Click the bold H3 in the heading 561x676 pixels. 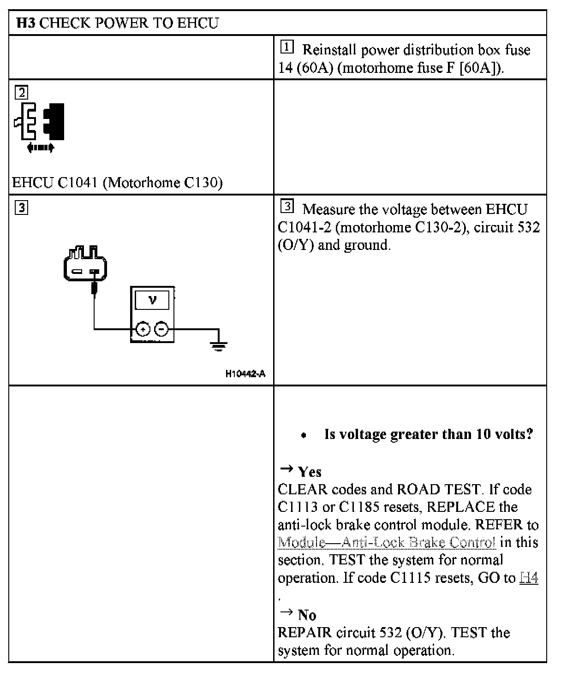[x=26, y=23]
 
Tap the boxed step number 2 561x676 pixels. [x=22, y=93]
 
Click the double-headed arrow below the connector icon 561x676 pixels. [x=41, y=148]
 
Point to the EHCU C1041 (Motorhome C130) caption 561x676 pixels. [x=117, y=183]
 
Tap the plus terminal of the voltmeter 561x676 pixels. [x=143, y=329]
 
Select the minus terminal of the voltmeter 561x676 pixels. [x=161, y=329]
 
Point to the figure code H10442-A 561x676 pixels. [x=245, y=374]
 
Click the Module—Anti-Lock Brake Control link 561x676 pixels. [x=387, y=542]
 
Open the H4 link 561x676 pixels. [x=529, y=578]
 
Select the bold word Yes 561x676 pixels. [x=310, y=472]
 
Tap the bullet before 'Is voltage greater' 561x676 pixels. [x=303, y=435]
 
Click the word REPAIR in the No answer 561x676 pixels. [x=304, y=632]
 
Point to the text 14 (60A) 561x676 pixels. [x=305, y=68]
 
